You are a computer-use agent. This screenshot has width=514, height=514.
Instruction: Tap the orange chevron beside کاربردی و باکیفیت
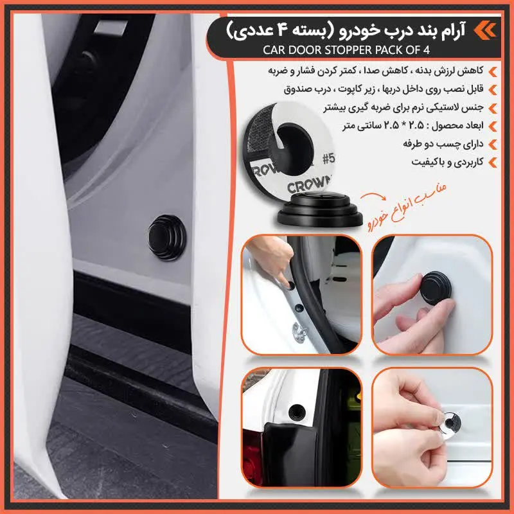click(x=493, y=162)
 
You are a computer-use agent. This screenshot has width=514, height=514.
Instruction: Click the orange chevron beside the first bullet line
click(x=493, y=69)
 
